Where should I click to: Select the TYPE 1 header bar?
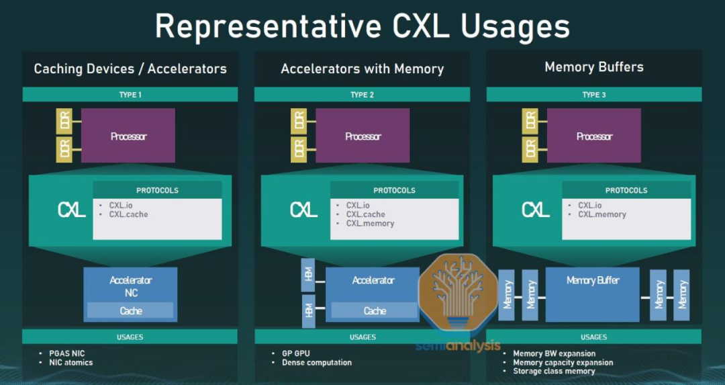click(x=130, y=95)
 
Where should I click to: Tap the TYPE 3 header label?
click(x=594, y=95)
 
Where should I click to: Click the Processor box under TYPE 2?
click(x=362, y=136)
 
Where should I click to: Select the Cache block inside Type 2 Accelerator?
click(x=375, y=310)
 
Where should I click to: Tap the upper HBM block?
click(x=309, y=274)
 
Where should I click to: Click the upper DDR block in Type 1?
click(x=64, y=122)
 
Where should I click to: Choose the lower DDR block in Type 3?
click(x=530, y=149)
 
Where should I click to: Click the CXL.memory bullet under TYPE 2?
click(x=370, y=224)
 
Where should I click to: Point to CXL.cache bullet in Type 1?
click(x=128, y=214)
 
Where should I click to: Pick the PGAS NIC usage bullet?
click(x=66, y=353)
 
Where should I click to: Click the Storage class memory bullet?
click(x=554, y=371)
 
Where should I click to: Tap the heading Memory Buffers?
click(x=594, y=67)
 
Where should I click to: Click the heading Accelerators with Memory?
click(x=362, y=69)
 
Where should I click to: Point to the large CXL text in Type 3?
click(x=536, y=210)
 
